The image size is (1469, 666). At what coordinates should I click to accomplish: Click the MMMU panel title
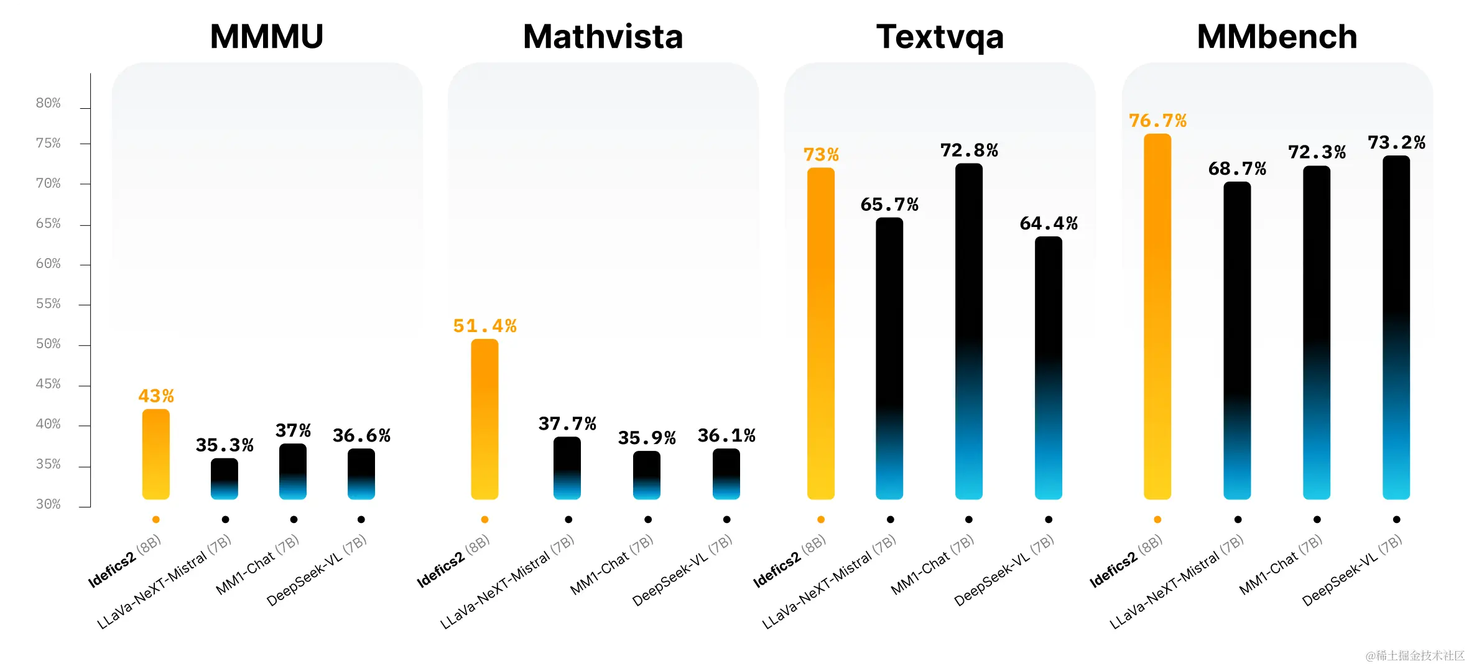pos(267,37)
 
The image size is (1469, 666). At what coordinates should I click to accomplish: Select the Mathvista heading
pos(603,37)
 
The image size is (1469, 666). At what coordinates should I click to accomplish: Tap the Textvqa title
pos(940,37)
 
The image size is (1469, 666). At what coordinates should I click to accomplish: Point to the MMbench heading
pos(1277,37)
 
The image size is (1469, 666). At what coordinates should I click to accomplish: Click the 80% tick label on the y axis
pos(48,103)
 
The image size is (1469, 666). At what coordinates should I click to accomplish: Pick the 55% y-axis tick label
pos(48,304)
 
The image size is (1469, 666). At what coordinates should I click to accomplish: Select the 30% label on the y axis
pos(48,504)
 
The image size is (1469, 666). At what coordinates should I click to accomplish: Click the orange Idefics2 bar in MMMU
pos(155,454)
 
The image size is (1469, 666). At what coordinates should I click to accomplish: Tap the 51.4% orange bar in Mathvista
pos(484,419)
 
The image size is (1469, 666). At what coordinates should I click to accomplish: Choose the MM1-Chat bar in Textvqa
pos(968,331)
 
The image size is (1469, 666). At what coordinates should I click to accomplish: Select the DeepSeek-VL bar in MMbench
pos(1396,327)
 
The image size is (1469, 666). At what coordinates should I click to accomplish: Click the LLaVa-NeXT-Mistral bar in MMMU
pos(225,479)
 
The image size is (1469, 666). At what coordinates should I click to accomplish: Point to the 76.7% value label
pos(1157,121)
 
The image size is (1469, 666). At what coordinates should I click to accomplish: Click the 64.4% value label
pos(1049,224)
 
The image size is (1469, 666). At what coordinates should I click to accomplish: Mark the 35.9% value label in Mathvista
pos(647,438)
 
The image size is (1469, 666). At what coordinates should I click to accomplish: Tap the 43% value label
pos(155,396)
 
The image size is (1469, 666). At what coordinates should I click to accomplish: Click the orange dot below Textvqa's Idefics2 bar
pos(821,520)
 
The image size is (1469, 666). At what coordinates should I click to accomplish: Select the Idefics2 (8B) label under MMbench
pos(1125,562)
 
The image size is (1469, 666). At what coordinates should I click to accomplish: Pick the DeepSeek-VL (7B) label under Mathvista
pos(682,571)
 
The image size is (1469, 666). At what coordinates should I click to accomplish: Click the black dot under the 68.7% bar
pos(1238,520)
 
